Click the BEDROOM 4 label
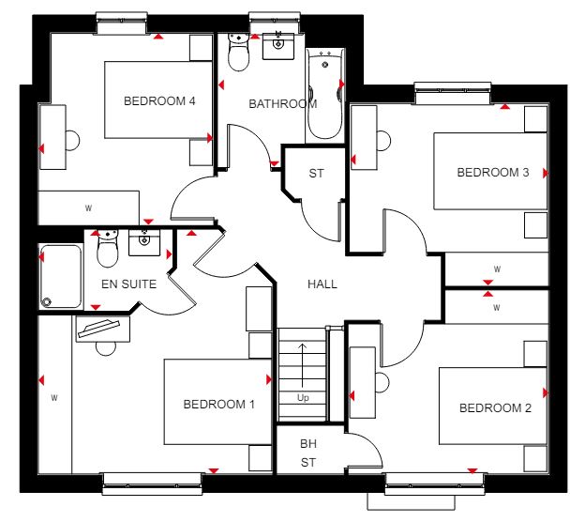[159, 100]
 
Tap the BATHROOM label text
[283, 104]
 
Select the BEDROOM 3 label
[493, 172]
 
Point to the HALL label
[322, 284]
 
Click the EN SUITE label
[129, 284]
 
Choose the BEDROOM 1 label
[219, 404]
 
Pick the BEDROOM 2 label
[495, 407]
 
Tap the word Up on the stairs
[303, 397]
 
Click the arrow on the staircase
[302, 365]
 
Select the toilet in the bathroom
[238, 53]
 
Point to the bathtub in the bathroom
[325, 94]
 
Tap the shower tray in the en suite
[61, 276]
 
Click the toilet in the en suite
[108, 249]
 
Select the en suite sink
[144, 242]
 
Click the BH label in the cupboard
[308, 443]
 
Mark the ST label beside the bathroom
[316, 174]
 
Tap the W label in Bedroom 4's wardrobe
[88, 208]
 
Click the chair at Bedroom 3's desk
[384, 141]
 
